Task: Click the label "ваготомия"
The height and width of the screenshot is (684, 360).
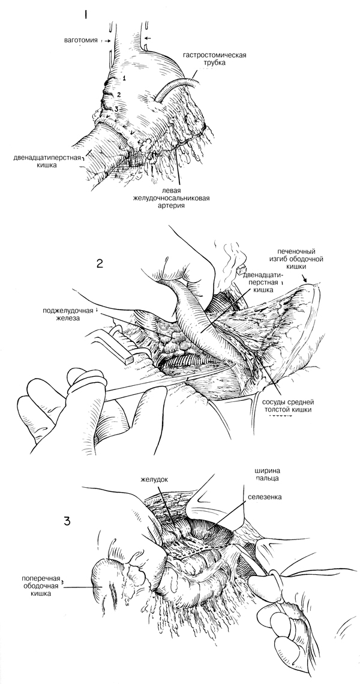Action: click(x=82, y=40)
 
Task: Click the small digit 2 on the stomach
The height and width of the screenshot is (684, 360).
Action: click(x=119, y=95)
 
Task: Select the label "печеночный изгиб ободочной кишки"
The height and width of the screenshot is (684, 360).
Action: click(x=300, y=257)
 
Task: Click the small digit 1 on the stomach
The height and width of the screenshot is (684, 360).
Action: click(x=124, y=78)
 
